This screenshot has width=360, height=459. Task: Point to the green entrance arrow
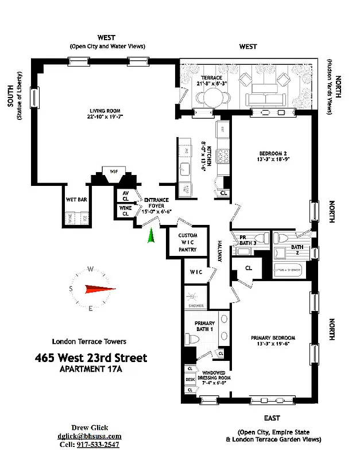[x=152, y=235]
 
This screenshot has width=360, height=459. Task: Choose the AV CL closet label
[x=125, y=196]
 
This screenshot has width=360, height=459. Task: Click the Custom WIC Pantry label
[x=187, y=243]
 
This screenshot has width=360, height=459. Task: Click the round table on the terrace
[x=207, y=98]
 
